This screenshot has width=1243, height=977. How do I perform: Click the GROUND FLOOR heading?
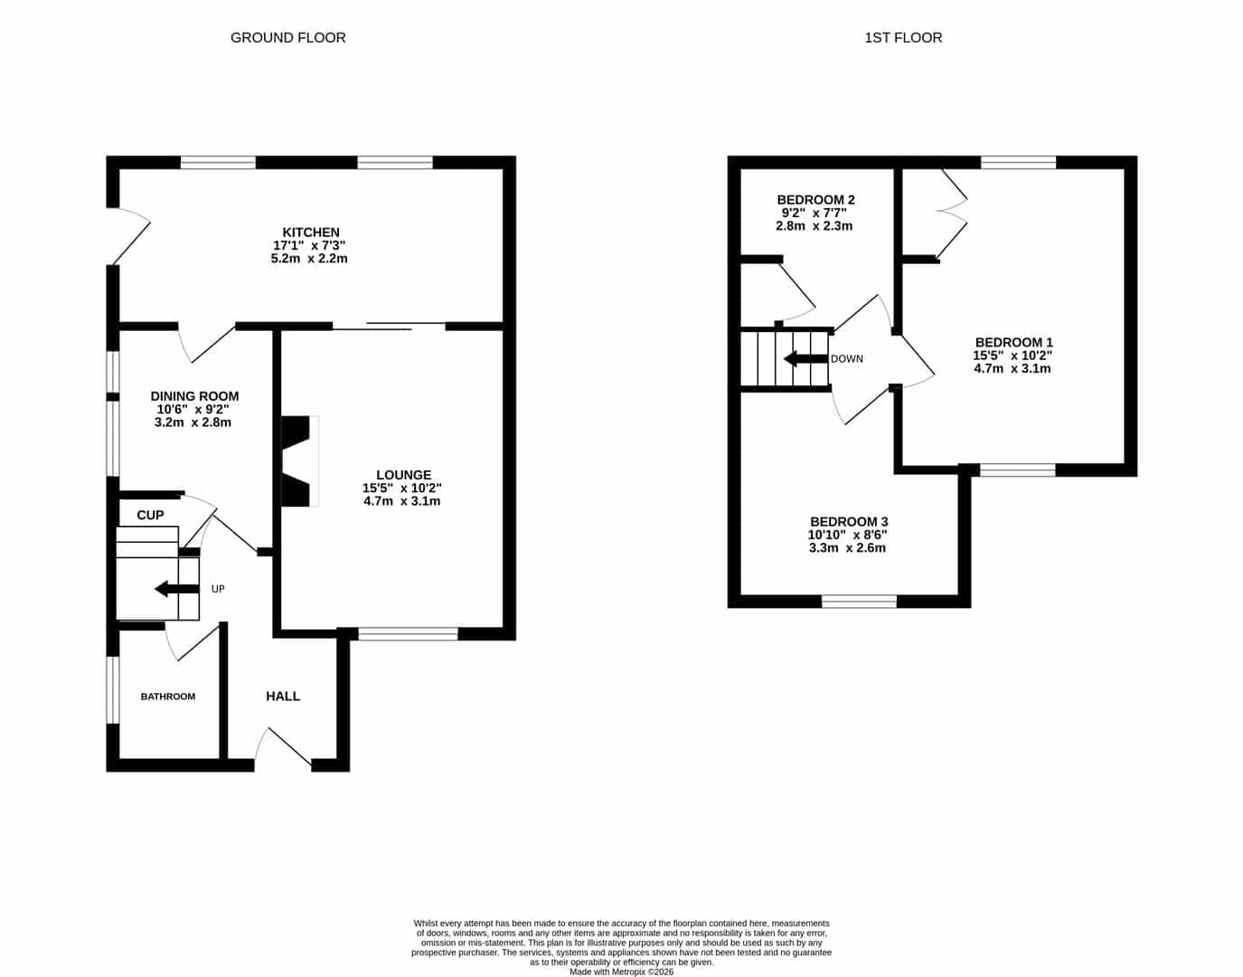click(x=287, y=38)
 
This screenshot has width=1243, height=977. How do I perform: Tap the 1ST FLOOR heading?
click(x=903, y=38)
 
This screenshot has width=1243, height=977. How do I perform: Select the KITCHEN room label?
click(x=311, y=232)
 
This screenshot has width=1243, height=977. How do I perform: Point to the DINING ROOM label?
click(x=194, y=396)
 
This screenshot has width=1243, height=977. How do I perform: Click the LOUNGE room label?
click(x=404, y=475)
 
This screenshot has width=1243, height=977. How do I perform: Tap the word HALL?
click(x=283, y=697)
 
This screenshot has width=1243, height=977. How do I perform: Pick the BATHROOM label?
click(x=168, y=697)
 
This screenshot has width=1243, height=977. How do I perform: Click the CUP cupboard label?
click(x=150, y=516)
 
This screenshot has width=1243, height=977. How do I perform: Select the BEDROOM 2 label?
click(x=815, y=200)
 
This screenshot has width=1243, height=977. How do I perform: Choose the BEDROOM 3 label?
click(x=849, y=522)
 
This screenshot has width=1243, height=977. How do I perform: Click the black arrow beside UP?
click(x=177, y=588)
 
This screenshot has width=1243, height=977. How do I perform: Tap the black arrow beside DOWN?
click(x=806, y=359)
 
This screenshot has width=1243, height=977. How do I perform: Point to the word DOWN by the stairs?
click(x=846, y=359)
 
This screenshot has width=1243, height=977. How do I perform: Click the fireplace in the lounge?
click(x=300, y=461)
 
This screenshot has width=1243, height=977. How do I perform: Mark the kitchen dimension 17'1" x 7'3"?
click(x=309, y=245)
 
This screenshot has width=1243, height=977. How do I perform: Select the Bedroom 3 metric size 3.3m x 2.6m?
click(x=847, y=548)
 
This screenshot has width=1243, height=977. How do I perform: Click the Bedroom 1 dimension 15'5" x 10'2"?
click(x=1012, y=356)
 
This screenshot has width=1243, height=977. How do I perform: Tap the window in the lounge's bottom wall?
click(x=409, y=633)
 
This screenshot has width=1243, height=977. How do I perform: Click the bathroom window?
click(x=113, y=690)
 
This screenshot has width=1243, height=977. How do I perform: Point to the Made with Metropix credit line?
click(x=621, y=972)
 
